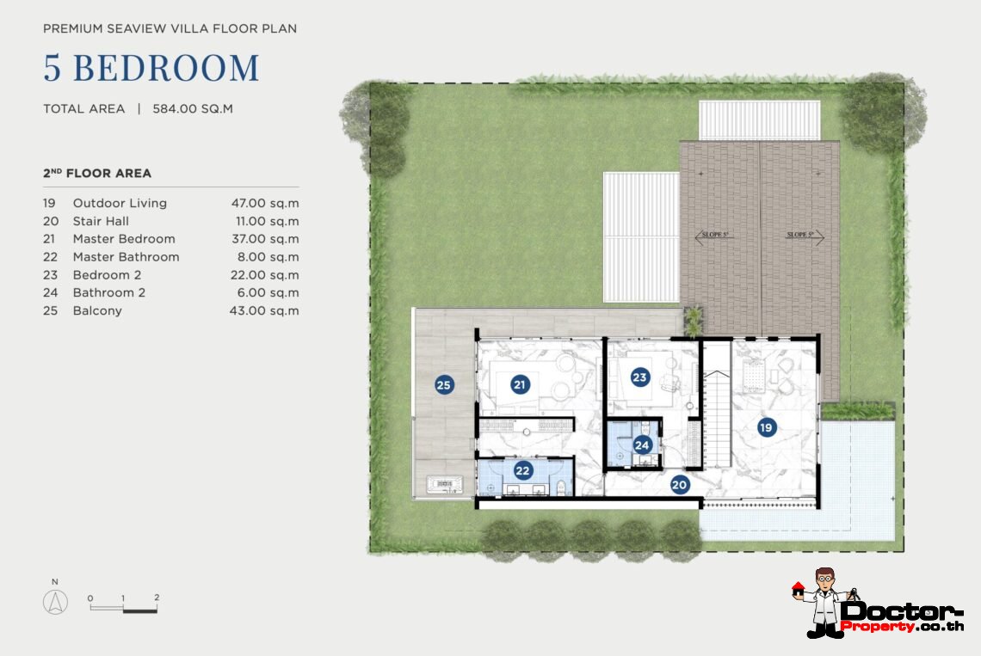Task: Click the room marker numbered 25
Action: point(443,385)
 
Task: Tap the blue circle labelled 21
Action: point(519,384)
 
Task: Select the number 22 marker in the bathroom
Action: point(522,471)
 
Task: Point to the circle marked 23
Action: point(639,377)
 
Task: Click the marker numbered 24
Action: point(642,445)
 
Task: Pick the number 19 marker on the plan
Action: point(767,428)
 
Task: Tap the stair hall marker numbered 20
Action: point(680,485)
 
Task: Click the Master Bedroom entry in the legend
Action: point(124,239)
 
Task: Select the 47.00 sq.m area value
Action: point(265,203)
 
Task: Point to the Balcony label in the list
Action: point(97,310)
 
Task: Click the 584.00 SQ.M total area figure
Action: point(193,109)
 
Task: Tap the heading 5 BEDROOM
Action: point(151,68)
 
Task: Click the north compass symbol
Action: point(55,603)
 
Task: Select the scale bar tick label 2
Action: point(157,598)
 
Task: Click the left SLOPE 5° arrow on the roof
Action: point(713,236)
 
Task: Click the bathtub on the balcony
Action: point(444,484)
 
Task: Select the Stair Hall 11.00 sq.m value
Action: point(267,221)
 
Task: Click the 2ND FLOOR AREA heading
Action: point(97,173)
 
